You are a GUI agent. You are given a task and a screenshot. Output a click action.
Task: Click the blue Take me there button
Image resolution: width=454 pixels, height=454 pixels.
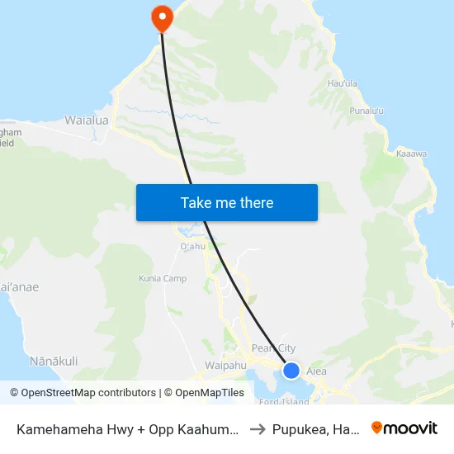[227, 203]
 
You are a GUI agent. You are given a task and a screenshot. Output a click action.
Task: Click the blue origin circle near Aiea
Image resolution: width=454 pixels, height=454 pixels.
[291, 371]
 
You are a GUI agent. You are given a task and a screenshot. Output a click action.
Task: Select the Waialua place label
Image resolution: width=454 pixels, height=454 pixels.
[87, 121]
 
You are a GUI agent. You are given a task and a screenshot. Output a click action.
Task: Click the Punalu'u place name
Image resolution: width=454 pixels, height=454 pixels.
[368, 110]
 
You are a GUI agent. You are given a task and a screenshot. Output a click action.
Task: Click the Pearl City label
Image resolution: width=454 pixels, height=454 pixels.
[273, 348]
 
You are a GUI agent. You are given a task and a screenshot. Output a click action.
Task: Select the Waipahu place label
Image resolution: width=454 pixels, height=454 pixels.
[225, 364]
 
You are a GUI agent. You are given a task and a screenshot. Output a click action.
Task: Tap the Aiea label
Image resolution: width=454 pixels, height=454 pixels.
[317, 371]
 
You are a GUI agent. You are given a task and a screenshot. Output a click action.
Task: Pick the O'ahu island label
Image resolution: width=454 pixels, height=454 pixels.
[192, 246]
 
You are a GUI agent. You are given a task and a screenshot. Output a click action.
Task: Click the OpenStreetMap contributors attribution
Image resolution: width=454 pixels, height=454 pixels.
[83, 393]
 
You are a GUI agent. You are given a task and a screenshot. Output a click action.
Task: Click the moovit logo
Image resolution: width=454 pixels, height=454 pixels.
[404, 428]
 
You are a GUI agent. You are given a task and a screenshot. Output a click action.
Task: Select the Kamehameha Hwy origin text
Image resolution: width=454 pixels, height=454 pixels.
[128, 428]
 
